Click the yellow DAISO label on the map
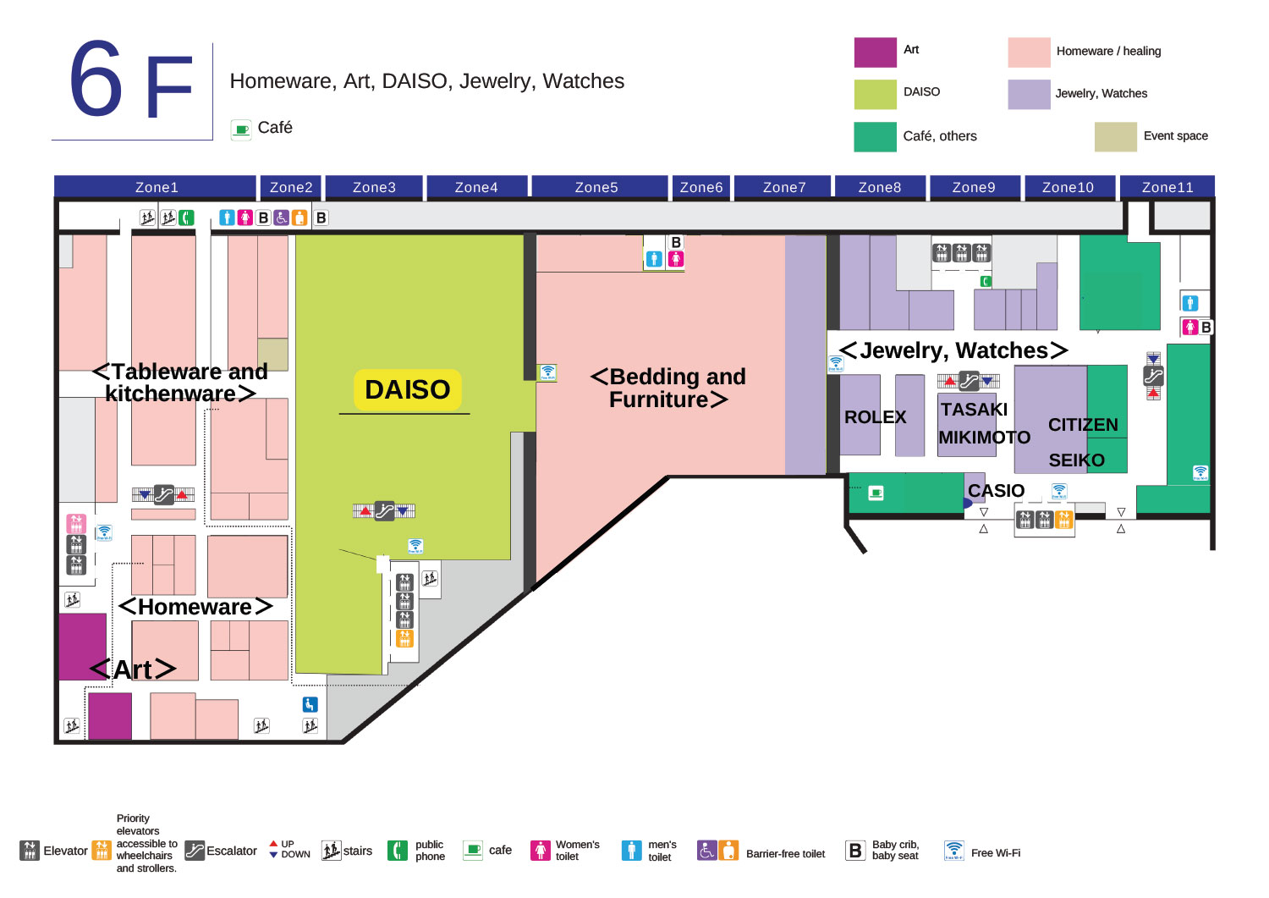click(x=407, y=389)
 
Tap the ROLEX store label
click(x=875, y=417)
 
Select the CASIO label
click(x=996, y=491)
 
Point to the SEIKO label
click(x=1076, y=460)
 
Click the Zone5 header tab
click(x=596, y=187)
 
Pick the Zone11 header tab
click(x=1167, y=187)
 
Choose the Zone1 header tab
click(x=157, y=187)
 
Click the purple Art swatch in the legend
click(x=875, y=52)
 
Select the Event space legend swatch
click(x=1115, y=136)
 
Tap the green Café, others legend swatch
click(x=875, y=136)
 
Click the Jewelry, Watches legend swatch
click(x=1029, y=94)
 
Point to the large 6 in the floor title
click(x=96, y=80)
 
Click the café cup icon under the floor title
click(x=242, y=129)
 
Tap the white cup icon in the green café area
click(x=876, y=493)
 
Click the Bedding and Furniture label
click(x=668, y=388)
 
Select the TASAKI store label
click(x=974, y=410)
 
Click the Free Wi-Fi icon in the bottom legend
click(x=953, y=851)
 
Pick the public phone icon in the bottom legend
click(x=397, y=851)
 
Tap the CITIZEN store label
click(x=1083, y=425)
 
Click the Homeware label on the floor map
click(x=195, y=607)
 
